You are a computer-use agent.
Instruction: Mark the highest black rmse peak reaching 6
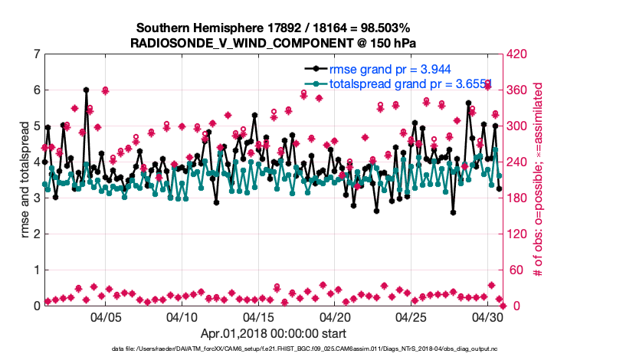tap(86, 90)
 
